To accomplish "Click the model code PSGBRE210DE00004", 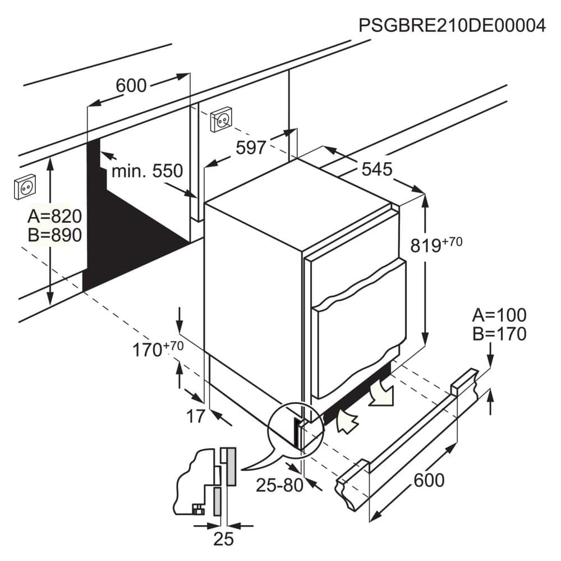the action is click(x=452, y=25).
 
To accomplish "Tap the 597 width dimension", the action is click(x=251, y=148).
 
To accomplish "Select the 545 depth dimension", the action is click(x=377, y=169).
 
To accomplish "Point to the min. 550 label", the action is click(x=147, y=171).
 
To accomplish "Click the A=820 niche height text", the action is click(x=55, y=216).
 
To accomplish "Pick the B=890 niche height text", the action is click(x=55, y=235).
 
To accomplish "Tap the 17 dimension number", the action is click(x=196, y=416).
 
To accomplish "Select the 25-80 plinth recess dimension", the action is click(x=279, y=485).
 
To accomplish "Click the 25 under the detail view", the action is click(x=224, y=539).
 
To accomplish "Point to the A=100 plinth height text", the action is click(x=499, y=315).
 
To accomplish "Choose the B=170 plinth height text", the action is click(x=499, y=334).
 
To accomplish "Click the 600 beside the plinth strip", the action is click(x=429, y=480).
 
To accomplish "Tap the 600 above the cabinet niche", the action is click(x=131, y=85).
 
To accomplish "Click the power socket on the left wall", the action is click(x=25, y=187).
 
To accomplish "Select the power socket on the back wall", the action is click(x=220, y=119).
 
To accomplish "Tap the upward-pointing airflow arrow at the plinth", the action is click(x=346, y=421).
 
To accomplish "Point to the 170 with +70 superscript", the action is click(x=158, y=349).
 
